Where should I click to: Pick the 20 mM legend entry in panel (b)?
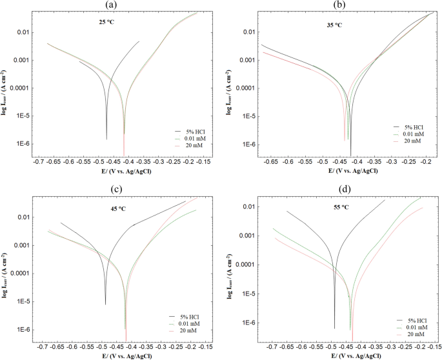coord(411,141)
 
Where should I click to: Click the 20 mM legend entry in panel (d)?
coord(413,334)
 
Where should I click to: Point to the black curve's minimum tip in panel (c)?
coord(105,304)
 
